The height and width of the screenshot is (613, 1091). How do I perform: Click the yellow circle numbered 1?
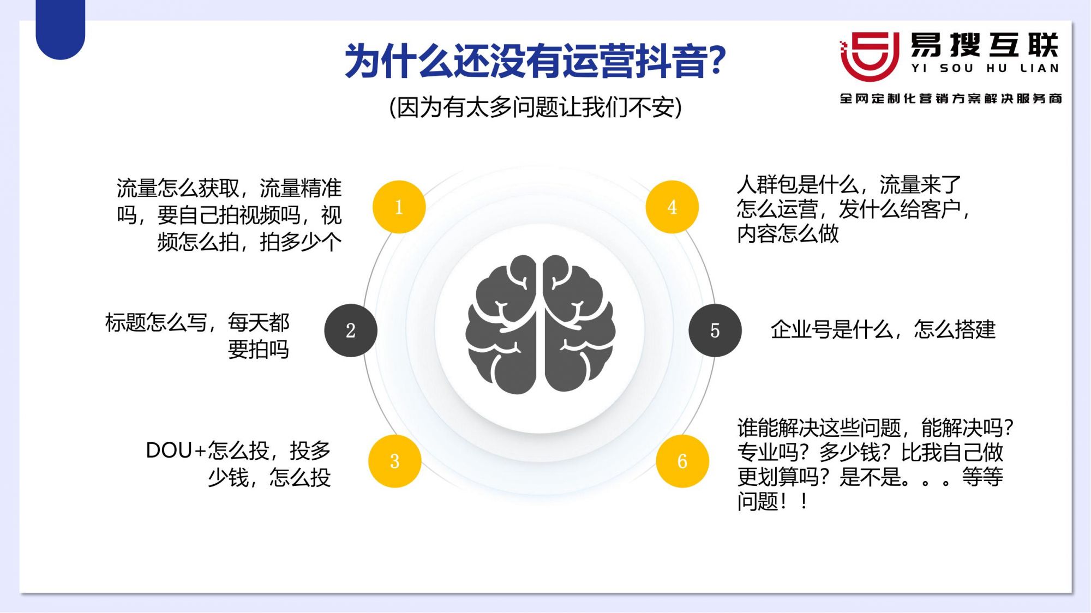399,207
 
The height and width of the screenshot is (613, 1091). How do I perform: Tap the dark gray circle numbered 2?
351,330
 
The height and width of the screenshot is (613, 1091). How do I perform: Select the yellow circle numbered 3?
394,461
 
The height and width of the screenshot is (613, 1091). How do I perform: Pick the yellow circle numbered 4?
672,207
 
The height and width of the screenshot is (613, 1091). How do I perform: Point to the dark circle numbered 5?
715,330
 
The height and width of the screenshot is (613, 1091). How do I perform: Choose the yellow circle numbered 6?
682,461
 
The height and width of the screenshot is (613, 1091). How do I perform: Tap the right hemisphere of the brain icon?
579,324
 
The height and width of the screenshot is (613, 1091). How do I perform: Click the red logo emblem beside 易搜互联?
869,56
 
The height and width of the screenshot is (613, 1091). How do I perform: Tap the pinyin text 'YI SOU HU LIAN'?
985,69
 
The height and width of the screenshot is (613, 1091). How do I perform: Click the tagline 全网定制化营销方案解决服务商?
951,98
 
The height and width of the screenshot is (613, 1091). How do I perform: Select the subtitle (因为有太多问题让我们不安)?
535,107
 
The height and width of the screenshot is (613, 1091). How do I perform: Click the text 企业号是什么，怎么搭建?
883,330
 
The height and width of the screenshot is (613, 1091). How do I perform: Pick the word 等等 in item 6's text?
982,477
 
